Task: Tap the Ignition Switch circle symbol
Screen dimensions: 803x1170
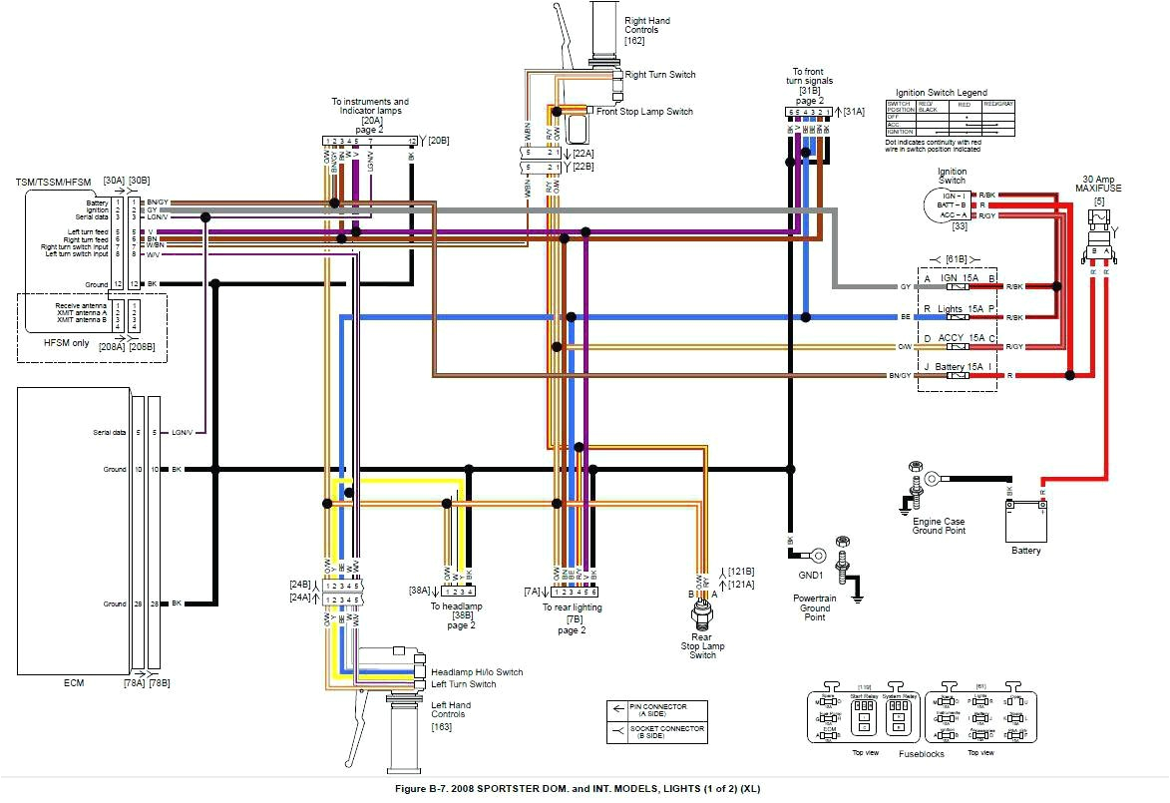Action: (944, 204)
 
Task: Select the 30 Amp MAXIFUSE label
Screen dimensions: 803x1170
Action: (1100, 186)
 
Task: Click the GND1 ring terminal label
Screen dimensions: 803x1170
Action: (810, 575)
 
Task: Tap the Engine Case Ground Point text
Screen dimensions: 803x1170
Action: (938, 525)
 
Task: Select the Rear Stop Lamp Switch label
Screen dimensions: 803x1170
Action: (702, 645)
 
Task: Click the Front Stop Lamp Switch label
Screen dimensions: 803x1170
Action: (644, 112)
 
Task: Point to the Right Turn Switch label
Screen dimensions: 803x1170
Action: (660, 75)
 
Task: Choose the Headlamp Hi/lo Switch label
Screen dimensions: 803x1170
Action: (477, 672)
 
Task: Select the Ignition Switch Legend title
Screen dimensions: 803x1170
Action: (941, 92)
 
